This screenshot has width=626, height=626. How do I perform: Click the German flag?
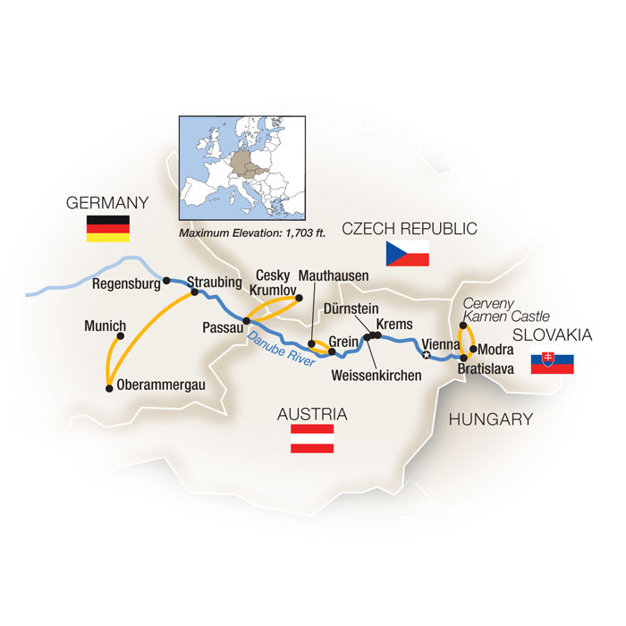(107, 229)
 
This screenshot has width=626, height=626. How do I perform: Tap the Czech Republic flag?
(407, 253)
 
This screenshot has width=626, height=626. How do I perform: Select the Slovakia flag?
(552, 364)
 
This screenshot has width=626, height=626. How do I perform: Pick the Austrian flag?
(312, 438)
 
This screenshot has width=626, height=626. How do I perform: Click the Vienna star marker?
(426, 355)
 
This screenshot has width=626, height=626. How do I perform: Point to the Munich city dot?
(120, 337)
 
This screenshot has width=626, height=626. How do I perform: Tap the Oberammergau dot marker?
(109, 388)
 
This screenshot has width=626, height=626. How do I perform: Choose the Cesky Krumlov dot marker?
(300, 299)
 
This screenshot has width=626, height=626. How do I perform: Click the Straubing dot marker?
(193, 292)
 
